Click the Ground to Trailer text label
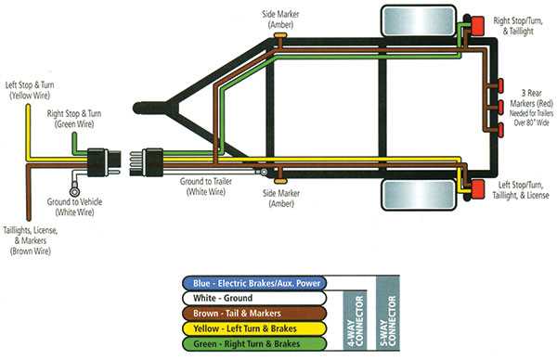(x=206, y=187)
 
